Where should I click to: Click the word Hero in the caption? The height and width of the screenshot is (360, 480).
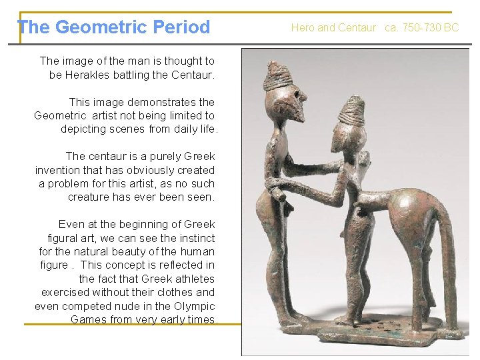click(303, 27)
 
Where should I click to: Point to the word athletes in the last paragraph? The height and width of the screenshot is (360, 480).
click(194, 279)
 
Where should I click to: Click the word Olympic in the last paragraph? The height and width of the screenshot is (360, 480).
click(193, 306)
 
